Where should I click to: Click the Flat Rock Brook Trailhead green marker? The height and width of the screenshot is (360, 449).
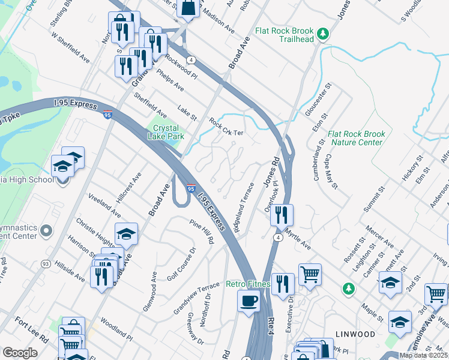pos(323,32)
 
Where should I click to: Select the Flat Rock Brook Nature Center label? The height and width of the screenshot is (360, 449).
pos(355,138)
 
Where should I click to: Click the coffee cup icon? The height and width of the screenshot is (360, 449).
pos(248,301)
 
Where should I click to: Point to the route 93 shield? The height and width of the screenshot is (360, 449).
pos(45,263)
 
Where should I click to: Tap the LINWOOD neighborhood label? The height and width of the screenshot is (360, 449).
pos(355,334)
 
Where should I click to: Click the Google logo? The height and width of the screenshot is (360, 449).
pos(19,353)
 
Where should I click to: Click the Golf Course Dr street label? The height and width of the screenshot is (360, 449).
pos(182,264)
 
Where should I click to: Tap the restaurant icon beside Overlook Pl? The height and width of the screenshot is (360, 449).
pos(282,214)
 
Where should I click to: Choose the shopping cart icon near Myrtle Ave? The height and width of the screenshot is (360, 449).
pos(310,275)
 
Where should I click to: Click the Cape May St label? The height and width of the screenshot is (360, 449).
pos(331,169)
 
